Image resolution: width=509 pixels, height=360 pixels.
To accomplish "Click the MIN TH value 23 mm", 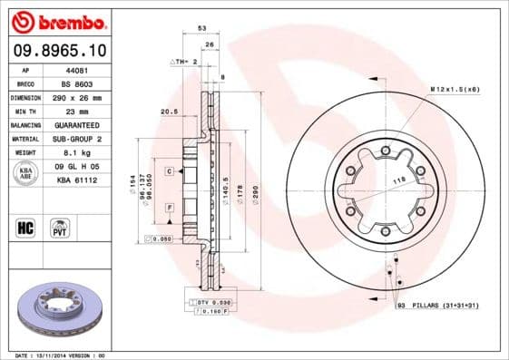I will [74, 110].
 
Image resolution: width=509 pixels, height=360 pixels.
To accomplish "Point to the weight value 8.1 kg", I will [74, 152].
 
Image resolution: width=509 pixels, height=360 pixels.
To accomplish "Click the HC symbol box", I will [25, 226].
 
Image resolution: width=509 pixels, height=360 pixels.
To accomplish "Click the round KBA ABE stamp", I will [24, 173].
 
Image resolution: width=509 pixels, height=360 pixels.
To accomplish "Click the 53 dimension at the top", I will [201, 30].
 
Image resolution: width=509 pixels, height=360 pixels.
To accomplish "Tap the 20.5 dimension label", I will [167, 112].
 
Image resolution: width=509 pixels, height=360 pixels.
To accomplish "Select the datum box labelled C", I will [169, 170].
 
